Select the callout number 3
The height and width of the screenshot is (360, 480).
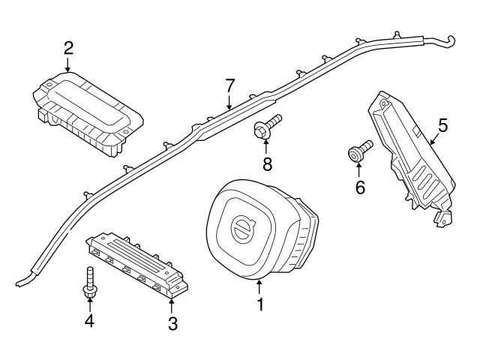point(172,323)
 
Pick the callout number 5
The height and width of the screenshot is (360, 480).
point(442,125)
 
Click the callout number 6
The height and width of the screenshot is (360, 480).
point(359,187)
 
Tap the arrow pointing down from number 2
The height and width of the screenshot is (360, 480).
point(68,66)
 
